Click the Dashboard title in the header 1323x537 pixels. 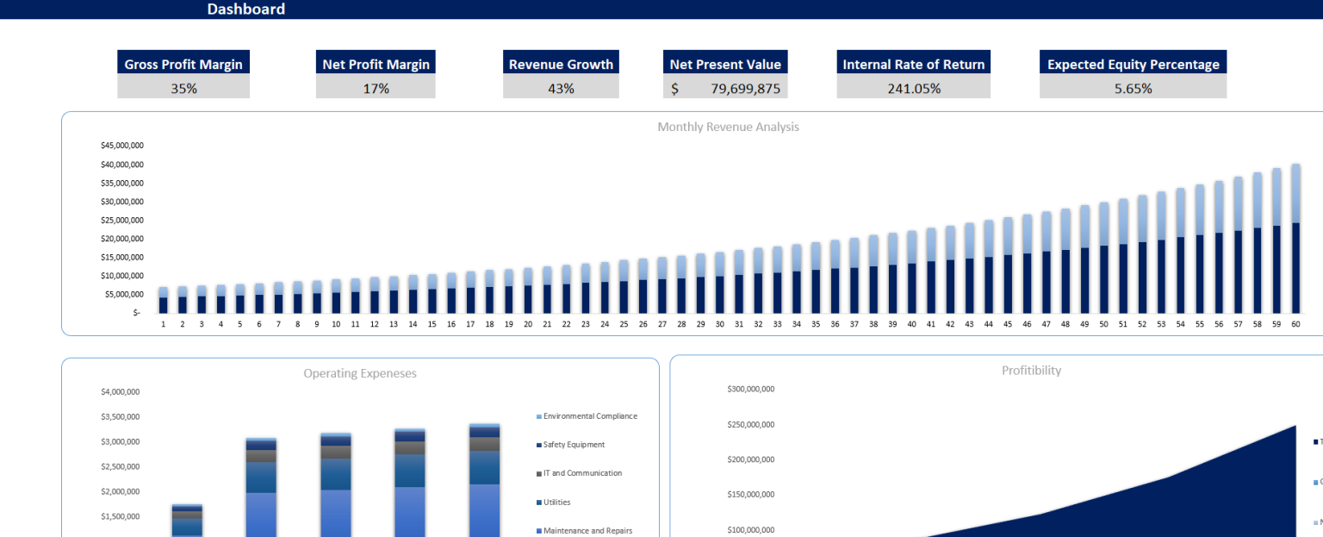[x=245, y=9]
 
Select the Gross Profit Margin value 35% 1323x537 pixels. [x=183, y=88]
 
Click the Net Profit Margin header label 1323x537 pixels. [x=376, y=64]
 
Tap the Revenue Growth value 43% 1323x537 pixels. [x=561, y=88]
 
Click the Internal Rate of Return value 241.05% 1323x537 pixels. [x=914, y=88]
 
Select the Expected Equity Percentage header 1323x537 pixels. [x=1133, y=64]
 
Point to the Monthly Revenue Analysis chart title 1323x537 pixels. [x=728, y=127]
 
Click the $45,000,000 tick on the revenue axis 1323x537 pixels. [x=122, y=146]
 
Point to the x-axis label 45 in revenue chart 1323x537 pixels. [x=1008, y=324]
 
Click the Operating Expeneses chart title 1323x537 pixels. [x=360, y=373]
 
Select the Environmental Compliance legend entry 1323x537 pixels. [x=590, y=416]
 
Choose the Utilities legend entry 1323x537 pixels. [x=556, y=503]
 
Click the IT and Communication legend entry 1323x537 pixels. [x=582, y=473]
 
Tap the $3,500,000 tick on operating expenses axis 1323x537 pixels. [x=120, y=417]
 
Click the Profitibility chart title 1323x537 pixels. [x=1031, y=371]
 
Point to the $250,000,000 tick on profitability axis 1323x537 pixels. [x=751, y=425]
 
